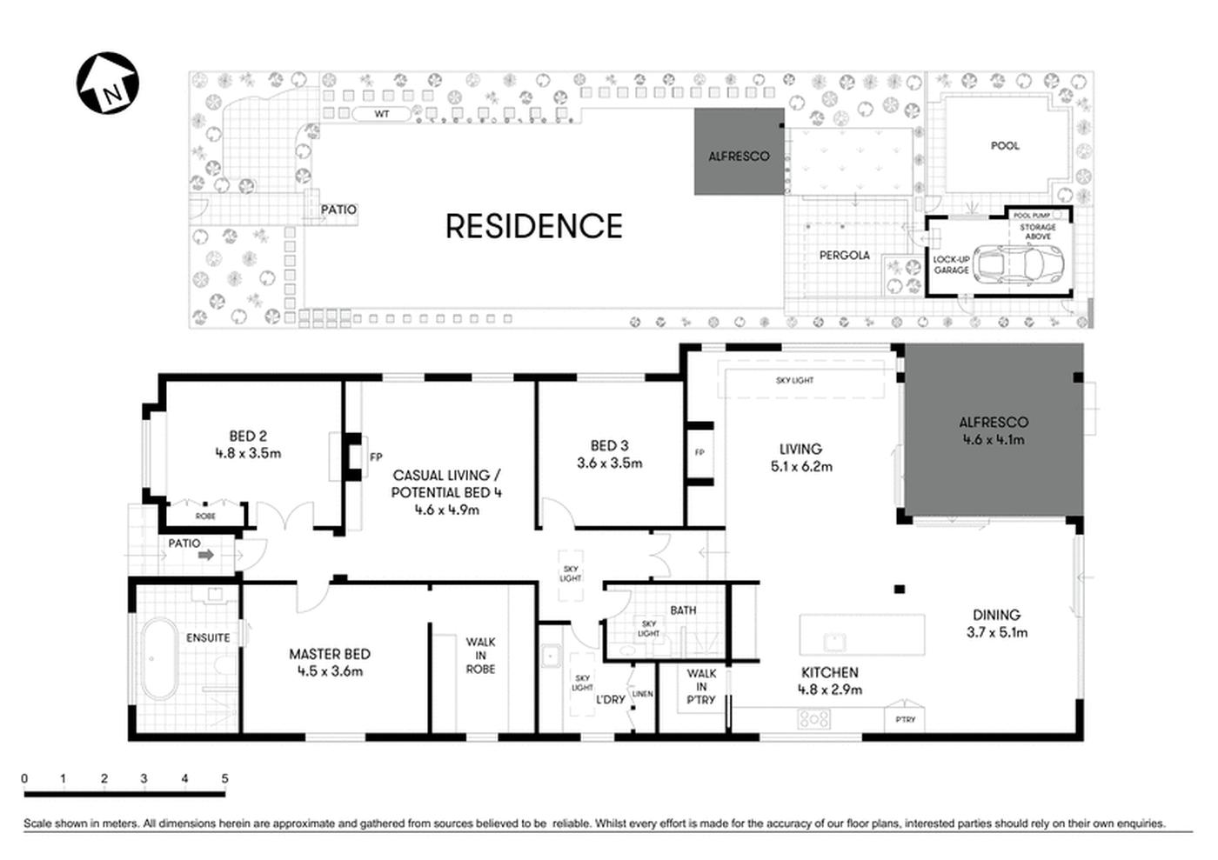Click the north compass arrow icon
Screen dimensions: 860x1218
[108, 83]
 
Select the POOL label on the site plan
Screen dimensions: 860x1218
[1005, 146]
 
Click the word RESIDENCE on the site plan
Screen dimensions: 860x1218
[533, 226]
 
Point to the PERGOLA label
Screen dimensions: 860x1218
[844, 256]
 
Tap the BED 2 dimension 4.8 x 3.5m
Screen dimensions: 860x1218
[248, 453]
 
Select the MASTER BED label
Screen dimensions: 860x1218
[330, 654]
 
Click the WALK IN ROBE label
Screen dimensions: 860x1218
[480, 656]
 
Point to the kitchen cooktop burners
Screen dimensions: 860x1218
[814, 719]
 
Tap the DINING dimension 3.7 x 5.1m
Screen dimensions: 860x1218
[996, 632]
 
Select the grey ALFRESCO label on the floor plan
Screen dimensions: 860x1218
[993, 423]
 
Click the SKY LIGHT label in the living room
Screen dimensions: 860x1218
[794, 381]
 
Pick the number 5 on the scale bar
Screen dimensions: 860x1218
[224, 779]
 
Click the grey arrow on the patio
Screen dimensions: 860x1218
[206, 555]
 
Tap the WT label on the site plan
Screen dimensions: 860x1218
[381, 115]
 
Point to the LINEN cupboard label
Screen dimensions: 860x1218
[642, 694]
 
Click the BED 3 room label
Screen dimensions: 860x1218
[609, 445]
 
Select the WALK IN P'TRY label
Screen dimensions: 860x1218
[701, 686]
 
